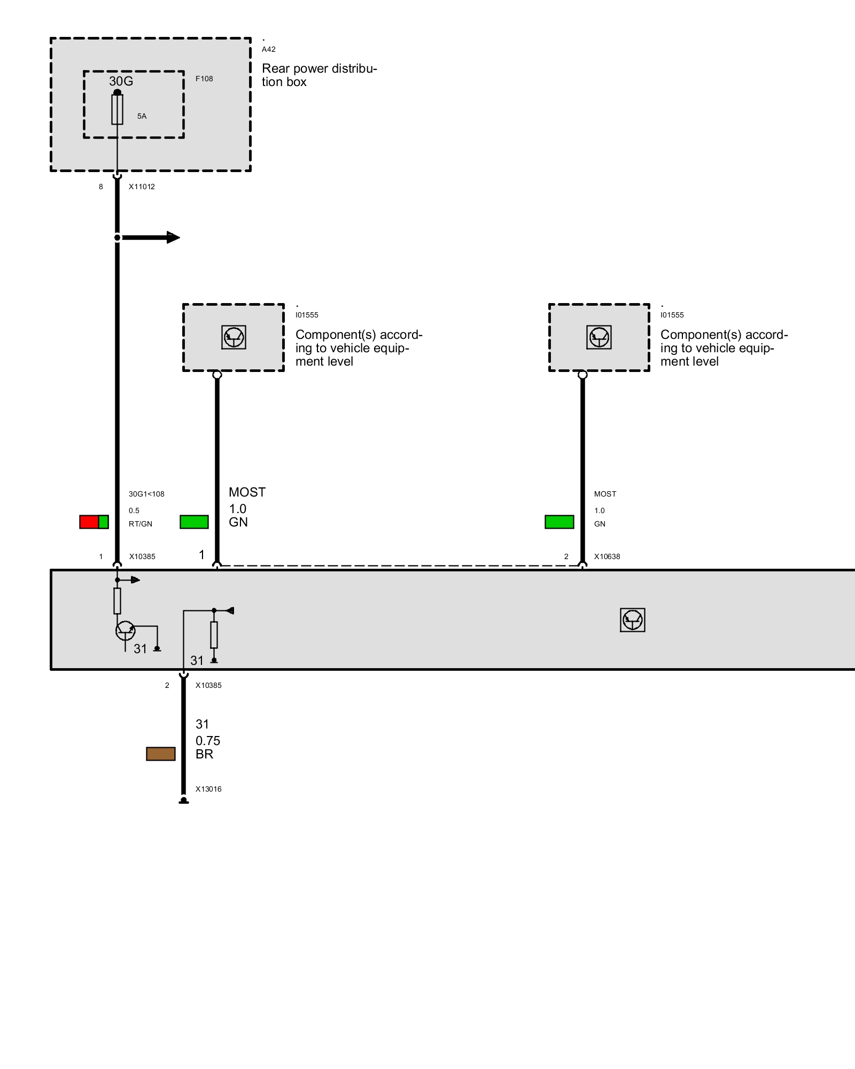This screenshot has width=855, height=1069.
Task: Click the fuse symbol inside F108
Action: click(117, 110)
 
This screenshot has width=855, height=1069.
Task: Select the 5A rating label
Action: click(142, 116)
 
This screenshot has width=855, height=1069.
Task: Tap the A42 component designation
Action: click(268, 49)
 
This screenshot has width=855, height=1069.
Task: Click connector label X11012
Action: click(142, 187)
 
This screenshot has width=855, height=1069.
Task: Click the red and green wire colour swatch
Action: click(94, 522)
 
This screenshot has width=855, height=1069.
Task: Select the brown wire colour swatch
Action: click(161, 754)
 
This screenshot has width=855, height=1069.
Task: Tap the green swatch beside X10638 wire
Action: click(559, 522)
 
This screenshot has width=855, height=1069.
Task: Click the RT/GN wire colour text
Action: click(141, 524)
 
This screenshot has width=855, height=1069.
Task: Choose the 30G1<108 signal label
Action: click(146, 494)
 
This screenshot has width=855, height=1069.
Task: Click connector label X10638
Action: click(607, 556)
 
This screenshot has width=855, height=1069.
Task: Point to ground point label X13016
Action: click(208, 789)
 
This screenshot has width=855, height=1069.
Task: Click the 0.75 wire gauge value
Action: click(208, 741)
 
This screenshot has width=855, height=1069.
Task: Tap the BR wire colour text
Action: click(204, 754)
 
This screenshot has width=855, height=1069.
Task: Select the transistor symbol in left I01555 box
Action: click(234, 337)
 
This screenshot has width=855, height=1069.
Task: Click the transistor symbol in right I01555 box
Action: click(599, 337)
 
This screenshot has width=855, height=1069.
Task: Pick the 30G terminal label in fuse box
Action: click(121, 81)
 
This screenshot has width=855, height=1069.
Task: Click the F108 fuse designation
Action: click(204, 79)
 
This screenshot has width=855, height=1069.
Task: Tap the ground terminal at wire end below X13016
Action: click(183, 801)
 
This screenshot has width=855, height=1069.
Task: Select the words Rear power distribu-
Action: click(319, 68)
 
